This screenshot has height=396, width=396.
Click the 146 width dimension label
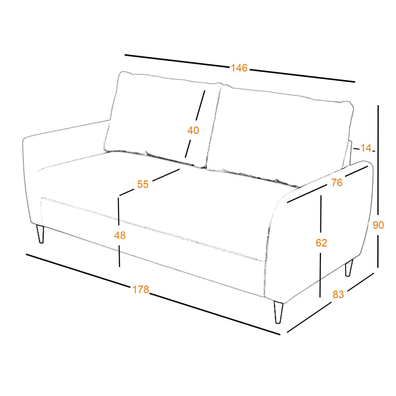[239, 68]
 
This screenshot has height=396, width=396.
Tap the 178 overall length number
[141, 289]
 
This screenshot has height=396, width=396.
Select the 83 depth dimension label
[338, 294]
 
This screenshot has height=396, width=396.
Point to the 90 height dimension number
[378, 225]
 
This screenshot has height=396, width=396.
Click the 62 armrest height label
[321, 243]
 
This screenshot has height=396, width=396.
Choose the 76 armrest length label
[337, 182]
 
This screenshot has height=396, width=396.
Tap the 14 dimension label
[366, 148]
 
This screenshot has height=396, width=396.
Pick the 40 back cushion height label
[193, 130]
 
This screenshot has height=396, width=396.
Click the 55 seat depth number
[143, 184]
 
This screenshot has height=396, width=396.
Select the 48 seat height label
[119, 236]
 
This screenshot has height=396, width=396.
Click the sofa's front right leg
[278, 312]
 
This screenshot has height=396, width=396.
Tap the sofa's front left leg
[40, 234]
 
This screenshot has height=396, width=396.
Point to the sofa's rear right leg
[349, 268]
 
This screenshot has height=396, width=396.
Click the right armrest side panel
[321, 235]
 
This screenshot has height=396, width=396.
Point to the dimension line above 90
[378, 162]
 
